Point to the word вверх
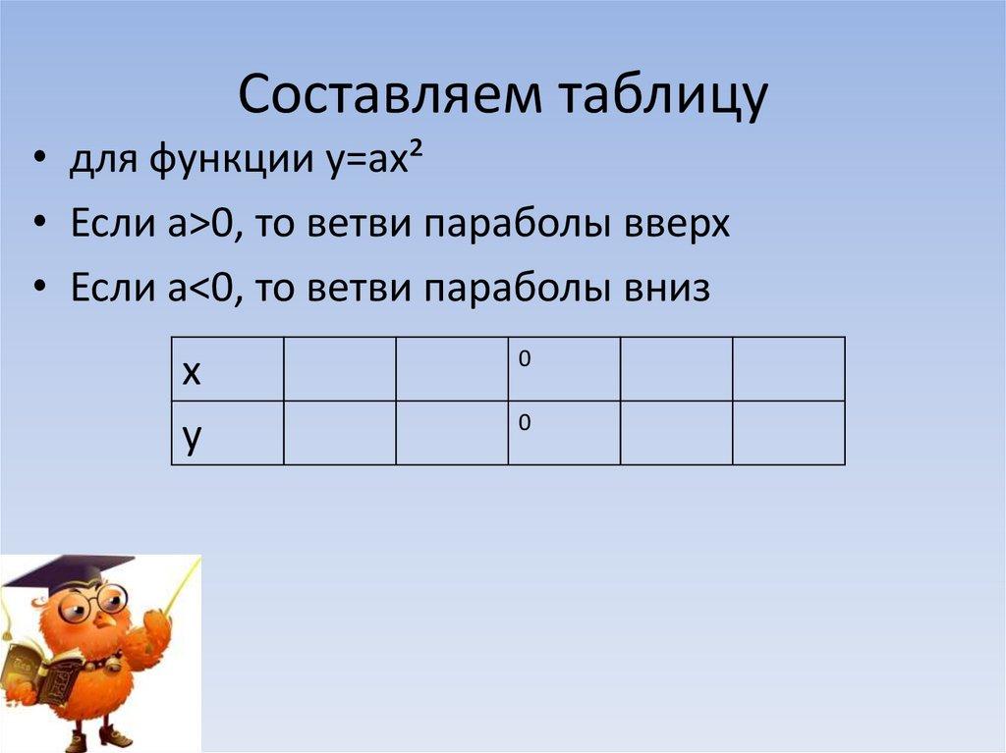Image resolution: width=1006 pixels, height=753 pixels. (x=679, y=225)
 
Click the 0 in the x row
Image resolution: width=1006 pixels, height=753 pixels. (x=525, y=359)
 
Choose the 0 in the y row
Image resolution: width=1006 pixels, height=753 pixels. (x=525, y=423)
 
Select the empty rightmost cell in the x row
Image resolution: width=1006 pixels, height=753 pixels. (x=788, y=368)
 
